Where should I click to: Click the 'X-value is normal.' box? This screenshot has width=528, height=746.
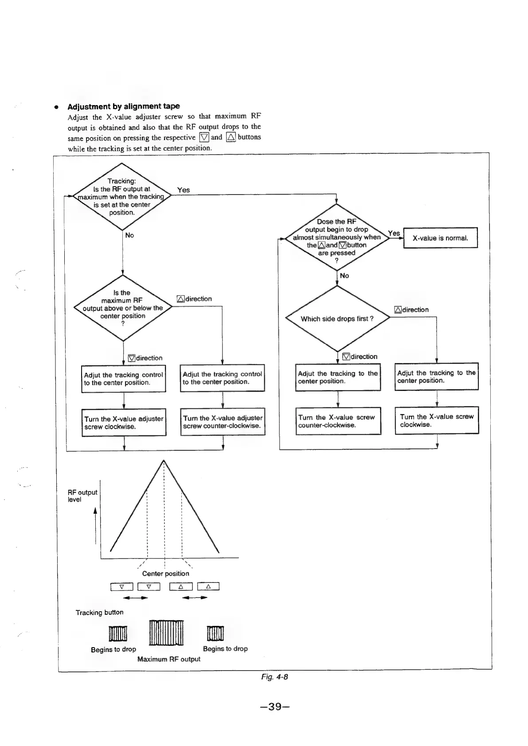pyautogui.click(x=440, y=238)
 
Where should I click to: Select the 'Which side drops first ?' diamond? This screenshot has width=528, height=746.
pyautogui.click(x=337, y=319)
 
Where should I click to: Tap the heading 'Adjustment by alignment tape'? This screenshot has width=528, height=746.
pyautogui.click(x=124, y=106)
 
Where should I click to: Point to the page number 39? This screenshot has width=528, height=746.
pyautogui.click(x=275, y=707)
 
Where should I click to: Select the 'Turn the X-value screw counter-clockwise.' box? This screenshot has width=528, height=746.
pyautogui.click(x=338, y=421)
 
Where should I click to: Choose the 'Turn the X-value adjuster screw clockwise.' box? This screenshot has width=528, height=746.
pyautogui.click(x=124, y=422)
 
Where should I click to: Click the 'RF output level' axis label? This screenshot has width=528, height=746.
pyautogui.click(x=82, y=496)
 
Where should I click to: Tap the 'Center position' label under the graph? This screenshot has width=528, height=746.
pyautogui.click(x=165, y=574)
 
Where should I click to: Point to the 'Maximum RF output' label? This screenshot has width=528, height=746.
pyautogui.click(x=168, y=659)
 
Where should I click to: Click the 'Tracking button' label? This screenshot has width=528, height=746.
pyautogui.click(x=99, y=613)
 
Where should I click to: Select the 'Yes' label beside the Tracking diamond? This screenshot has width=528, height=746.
pyautogui.click(x=183, y=190)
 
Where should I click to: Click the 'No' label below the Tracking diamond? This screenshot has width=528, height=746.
pyautogui.click(x=129, y=235)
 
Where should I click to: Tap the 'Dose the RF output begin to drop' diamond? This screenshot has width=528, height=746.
pyautogui.click(x=337, y=237)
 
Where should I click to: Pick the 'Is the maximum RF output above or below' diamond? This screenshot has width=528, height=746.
pyautogui.click(x=122, y=308)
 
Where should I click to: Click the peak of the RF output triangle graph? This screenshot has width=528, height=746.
pyautogui.click(x=164, y=461)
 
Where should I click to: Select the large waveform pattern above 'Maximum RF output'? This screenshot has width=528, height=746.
pyautogui.click(x=166, y=633)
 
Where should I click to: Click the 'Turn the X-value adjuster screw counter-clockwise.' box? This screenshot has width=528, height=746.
pyautogui.click(x=223, y=422)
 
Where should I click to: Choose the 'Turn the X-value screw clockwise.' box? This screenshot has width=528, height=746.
pyautogui.click(x=437, y=420)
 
